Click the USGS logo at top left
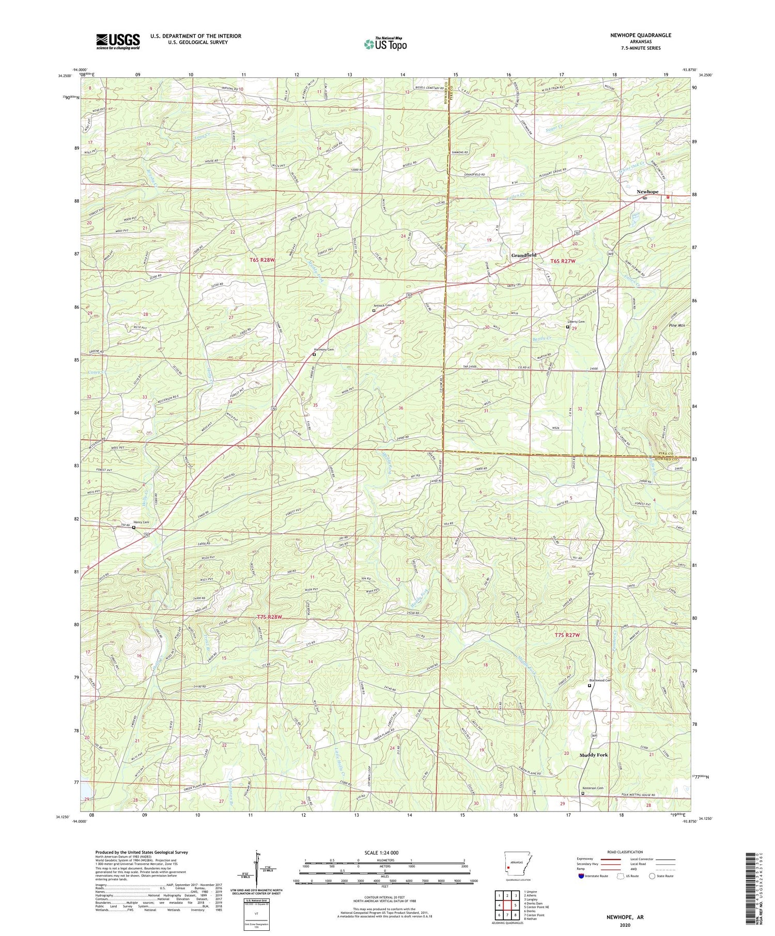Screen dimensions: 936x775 pyautogui.click(x=118, y=41)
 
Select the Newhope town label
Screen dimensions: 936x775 pyautogui.click(x=647, y=192)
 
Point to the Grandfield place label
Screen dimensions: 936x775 pyautogui.click(x=523, y=255)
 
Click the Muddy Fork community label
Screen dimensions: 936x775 pyautogui.click(x=593, y=755)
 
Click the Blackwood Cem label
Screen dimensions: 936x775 pyautogui.click(x=600, y=680)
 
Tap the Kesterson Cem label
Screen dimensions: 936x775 pyautogui.click(x=593, y=788)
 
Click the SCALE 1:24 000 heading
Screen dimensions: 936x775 pyautogui.click(x=381, y=852)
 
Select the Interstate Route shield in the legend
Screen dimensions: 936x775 pyautogui.click(x=582, y=876)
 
